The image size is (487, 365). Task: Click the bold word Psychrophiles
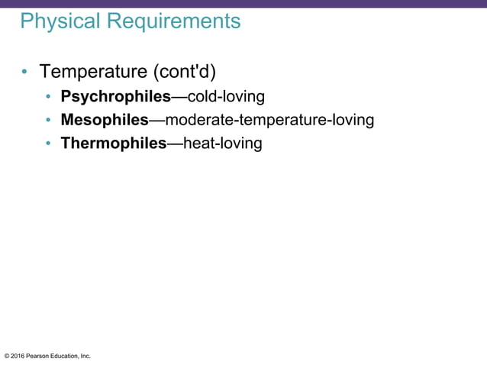(x=115, y=97)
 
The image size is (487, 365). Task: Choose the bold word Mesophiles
(x=105, y=120)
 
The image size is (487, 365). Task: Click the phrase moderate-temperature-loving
(x=269, y=120)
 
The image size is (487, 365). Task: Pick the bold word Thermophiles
(x=114, y=143)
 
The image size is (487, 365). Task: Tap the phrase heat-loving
(x=224, y=143)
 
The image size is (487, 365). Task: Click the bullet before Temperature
(x=25, y=73)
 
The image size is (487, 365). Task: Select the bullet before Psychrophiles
(x=47, y=98)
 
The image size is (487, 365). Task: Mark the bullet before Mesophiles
(x=47, y=121)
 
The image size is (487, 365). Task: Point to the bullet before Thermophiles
(x=47, y=144)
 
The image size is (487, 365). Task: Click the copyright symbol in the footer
(x=7, y=356)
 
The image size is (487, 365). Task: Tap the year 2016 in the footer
(x=18, y=356)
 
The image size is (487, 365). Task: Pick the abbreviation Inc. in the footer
(x=85, y=356)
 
